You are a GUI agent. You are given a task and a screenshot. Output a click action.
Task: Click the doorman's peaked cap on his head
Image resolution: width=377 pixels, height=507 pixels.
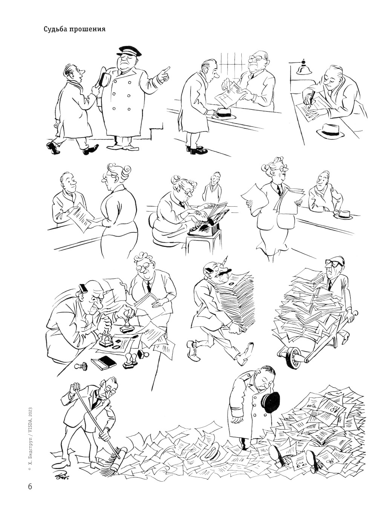pyautogui.click(x=129, y=51)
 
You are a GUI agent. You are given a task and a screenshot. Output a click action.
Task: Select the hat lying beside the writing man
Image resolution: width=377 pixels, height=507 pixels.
pyautogui.click(x=331, y=131)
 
